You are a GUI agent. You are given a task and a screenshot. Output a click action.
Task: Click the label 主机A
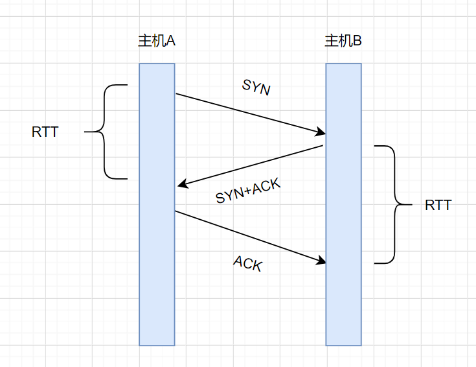[157, 41]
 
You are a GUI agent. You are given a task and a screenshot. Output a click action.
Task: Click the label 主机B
[343, 41]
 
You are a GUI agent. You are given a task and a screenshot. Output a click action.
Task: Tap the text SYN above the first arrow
[256, 88]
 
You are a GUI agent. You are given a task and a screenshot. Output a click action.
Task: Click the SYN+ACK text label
[248, 192]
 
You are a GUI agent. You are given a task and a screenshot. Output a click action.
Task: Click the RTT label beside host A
[45, 132]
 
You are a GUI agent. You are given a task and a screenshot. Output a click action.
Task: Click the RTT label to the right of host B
[438, 206]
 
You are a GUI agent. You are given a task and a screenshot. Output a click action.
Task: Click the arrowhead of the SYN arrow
[321, 133]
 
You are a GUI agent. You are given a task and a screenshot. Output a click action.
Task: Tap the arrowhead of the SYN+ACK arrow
[181, 185]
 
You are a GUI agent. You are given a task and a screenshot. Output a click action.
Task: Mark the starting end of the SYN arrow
[177, 95]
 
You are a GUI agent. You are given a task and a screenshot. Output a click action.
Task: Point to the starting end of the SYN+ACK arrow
[322, 147]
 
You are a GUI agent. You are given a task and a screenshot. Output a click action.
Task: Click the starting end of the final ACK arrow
[176, 211]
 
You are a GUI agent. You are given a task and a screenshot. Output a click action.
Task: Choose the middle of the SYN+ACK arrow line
[250, 166]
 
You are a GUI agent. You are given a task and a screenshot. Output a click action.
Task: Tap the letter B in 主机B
[357, 41]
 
